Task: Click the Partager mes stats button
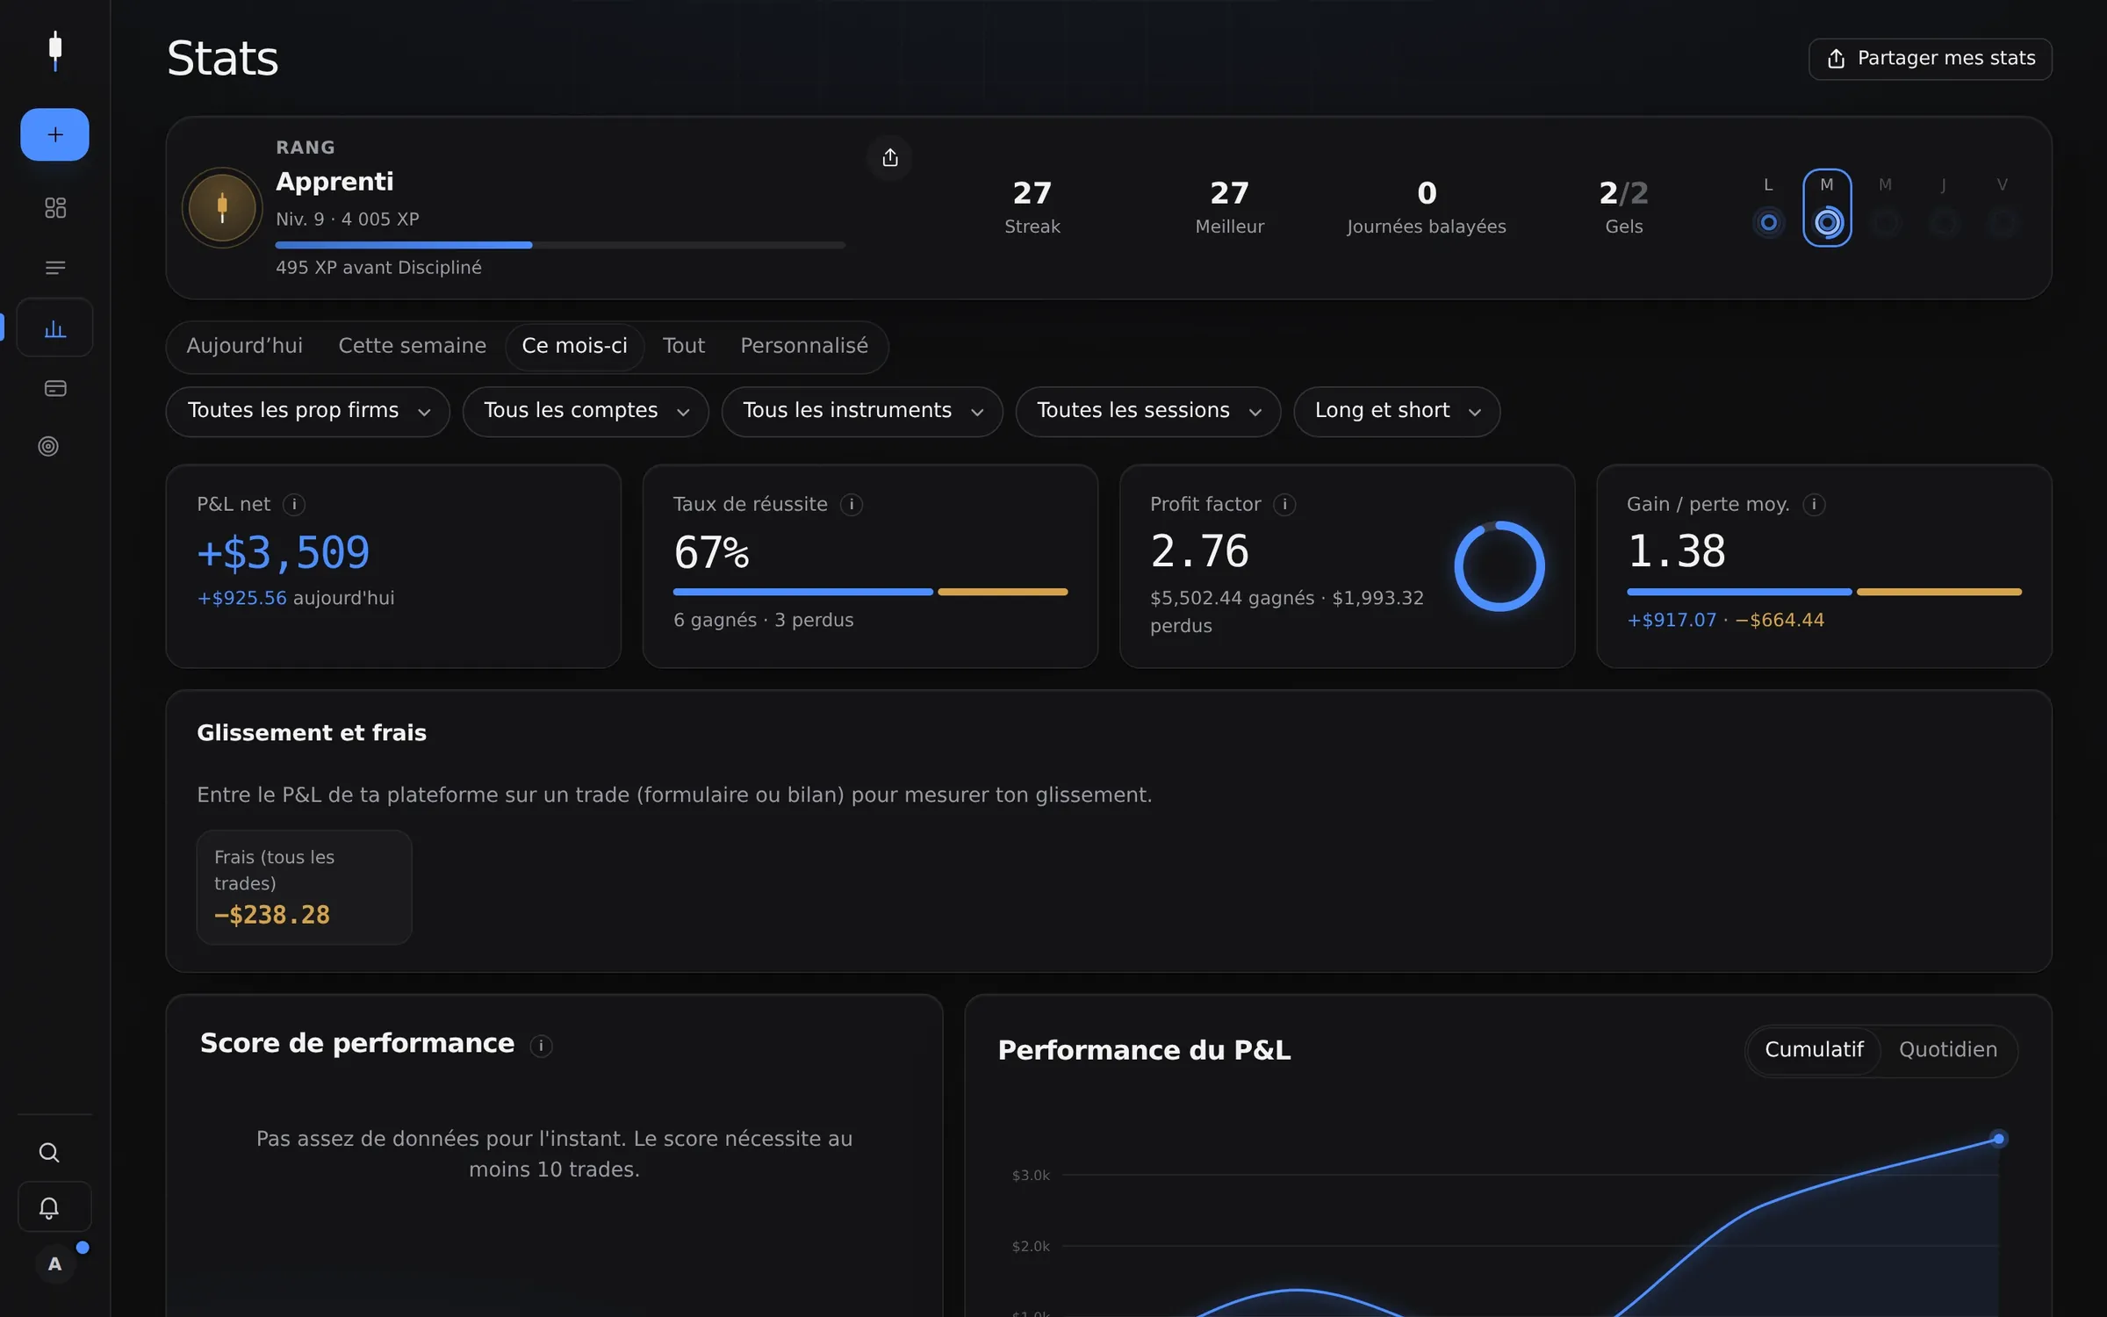[1930, 59]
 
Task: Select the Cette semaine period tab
[412, 346]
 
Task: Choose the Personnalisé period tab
[804, 346]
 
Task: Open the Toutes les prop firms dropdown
[308, 411]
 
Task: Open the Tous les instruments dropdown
[862, 411]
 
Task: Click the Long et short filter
[1397, 411]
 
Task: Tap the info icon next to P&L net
[294, 505]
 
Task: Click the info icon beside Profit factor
[1284, 505]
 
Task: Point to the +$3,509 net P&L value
[284, 552]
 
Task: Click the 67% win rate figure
[712, 552]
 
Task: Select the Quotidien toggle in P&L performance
[1948, 1050]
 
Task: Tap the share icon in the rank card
[890, 158]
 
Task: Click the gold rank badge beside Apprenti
[222, 208]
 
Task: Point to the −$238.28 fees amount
[272, 915]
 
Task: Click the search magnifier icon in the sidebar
[49, 1152]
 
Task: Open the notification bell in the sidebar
[49, 1208]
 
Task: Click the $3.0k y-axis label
[1031, 1176]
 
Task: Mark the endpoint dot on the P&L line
[1998, 1139]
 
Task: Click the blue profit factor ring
[1456, 566]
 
